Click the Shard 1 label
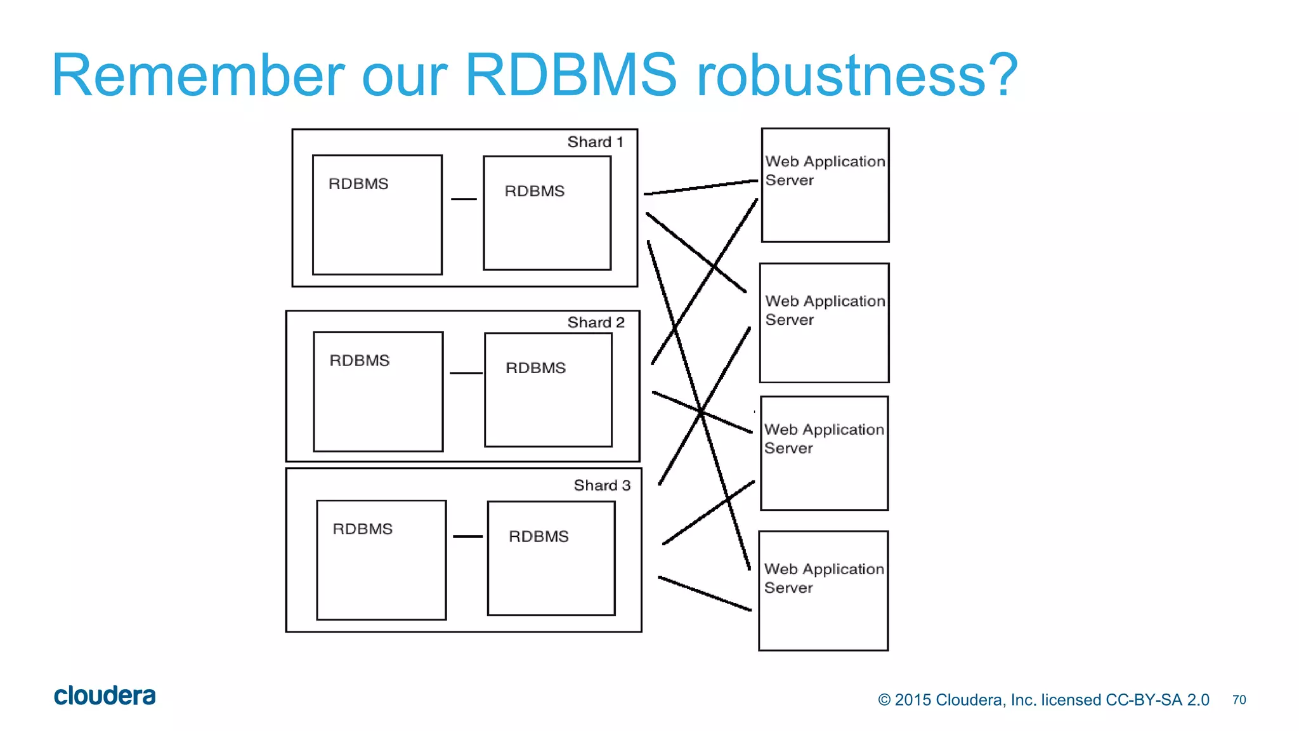595,142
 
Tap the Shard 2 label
596,322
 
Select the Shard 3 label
602,485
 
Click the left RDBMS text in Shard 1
358,184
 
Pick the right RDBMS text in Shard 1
535,192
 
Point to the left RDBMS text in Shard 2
360,360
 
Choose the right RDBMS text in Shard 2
536,368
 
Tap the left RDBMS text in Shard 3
363,529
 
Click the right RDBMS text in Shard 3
539,537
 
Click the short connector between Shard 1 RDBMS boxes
464,199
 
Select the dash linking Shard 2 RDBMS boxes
466,373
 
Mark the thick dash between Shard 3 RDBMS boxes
468,537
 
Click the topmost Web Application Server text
825,171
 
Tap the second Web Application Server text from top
825,310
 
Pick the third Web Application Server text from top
823,438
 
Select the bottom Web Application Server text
823,578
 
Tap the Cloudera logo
105,696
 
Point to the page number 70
1239,700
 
